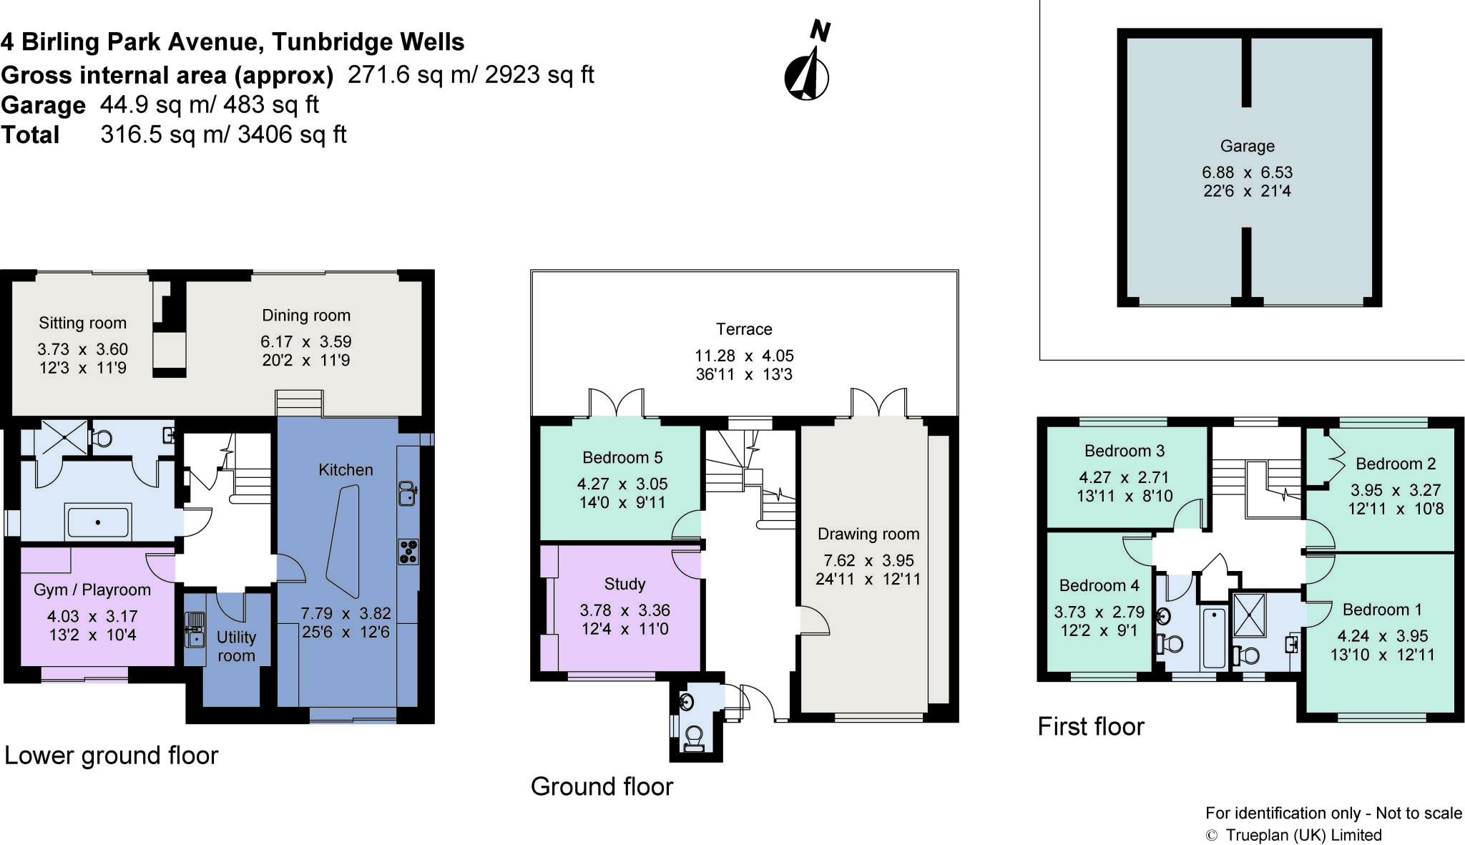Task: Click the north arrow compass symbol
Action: (807, 69)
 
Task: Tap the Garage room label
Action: (1247, 146)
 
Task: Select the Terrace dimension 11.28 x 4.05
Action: (744, 356)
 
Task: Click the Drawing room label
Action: (868, 534)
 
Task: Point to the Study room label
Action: (624, 584)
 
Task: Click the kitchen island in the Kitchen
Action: (343, 541)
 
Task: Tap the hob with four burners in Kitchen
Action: (408, 551)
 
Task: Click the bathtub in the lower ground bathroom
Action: (97, 522)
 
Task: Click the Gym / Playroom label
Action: (92, 590)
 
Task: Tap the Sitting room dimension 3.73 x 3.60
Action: (82, 349)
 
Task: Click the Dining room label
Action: (306, 316)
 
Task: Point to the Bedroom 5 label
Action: (622, 457)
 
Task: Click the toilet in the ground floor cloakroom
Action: (693, 737)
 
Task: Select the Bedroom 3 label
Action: (1124, 451)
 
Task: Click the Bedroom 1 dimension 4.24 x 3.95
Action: (1382, 635)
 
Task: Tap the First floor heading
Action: (1090, 726)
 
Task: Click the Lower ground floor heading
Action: (111, 756)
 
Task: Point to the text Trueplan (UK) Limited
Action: (1303, 835)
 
